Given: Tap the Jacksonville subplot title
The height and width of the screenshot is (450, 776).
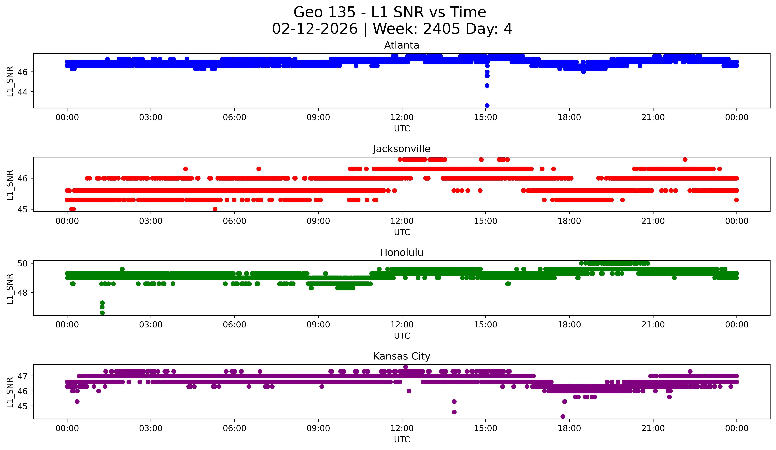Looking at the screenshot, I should pos(402,149).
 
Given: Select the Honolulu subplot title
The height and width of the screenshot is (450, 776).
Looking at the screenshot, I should pos(402,253).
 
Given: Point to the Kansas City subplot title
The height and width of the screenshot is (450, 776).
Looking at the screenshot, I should pos(402,356).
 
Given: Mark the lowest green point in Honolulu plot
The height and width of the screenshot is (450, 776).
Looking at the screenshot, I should pos(102,313).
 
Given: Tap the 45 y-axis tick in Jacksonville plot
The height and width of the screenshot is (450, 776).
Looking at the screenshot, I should pos(24,209).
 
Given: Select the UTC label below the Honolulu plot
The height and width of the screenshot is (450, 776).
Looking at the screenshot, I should pos(402,336).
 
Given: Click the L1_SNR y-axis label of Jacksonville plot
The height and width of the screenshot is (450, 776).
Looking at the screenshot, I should pos(10,185).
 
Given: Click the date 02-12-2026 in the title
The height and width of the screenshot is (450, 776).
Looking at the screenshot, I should pos(315,29).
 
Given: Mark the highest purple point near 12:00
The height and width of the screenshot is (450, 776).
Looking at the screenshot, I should pos(406,367).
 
